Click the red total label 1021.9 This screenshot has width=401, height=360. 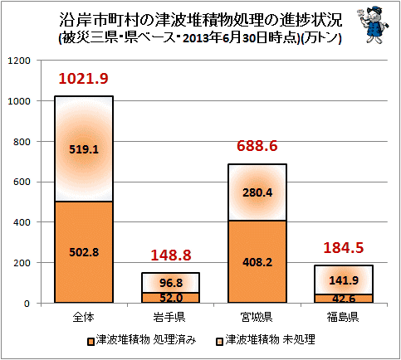[x=83, y=79]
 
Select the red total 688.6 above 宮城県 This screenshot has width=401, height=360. [x=257, y=146]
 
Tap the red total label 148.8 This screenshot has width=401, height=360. [x=171, y=255]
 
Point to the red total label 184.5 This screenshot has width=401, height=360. [x=343, y=248]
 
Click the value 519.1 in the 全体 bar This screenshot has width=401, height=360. [x=84, y=149]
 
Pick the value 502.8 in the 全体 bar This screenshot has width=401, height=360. [x=84, y=252]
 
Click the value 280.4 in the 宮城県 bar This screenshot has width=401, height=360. [x=257, y=192]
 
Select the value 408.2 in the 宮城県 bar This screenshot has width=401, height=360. [x=257, y=262]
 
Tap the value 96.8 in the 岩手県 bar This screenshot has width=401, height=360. [x=171, y=283]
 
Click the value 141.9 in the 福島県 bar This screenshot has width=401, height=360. [x=344, y=280]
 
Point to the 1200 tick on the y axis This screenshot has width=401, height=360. [x=19, y=61]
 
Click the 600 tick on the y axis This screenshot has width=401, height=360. [x=22, y=182]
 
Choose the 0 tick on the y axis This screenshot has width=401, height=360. [x=27, y=304]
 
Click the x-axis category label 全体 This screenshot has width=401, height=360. [x=84, y=317]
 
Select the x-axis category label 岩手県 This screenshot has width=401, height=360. [x=169, y=317]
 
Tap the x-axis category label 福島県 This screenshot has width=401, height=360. [x=343, y=317]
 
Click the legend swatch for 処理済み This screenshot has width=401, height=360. [x=90, y=342]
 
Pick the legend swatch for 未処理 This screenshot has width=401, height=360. [x=219, y=342]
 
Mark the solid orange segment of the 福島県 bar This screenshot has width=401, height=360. [x=344, y=299]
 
